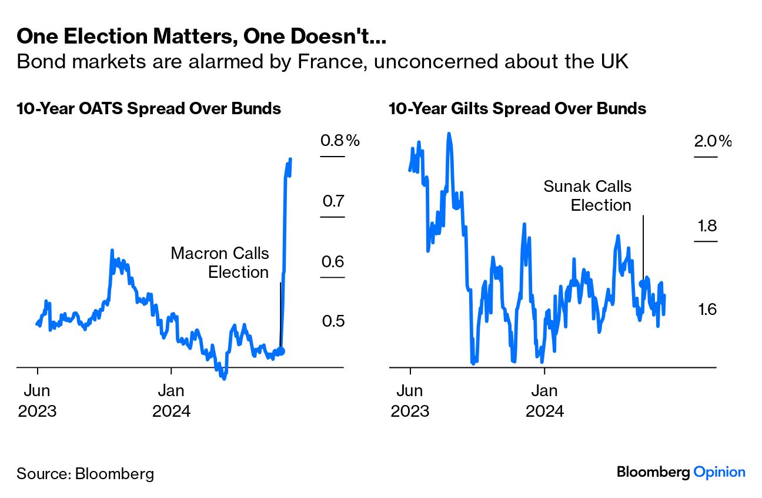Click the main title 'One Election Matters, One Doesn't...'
click(x=201, y=36)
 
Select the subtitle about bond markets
click(x=322, y=61)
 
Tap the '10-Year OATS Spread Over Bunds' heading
click(x=148, y=109)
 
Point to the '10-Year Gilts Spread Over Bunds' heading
click(x=517, y=109)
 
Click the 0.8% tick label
click(x=339, y=141)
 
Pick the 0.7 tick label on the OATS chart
click(x=333, y=201)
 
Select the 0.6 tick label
click(x=333, y=262)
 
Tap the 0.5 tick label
click(x=333, y=321)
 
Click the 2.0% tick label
click(x=713, y=141)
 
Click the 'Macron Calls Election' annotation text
click(x=220, y=263)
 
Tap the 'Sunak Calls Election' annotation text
click(x=587, y=196)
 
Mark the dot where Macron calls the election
click(x=280, y=351)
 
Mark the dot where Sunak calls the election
click(x=642, y=283)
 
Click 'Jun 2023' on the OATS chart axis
click(x=37, y=400)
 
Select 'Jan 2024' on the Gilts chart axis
click(x=544, y=400)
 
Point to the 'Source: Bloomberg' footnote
click(x=85, y=474)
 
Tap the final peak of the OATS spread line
click(x=290, y=160)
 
